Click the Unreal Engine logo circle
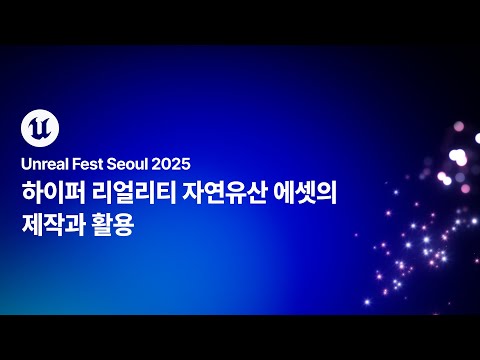coord(38,129)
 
